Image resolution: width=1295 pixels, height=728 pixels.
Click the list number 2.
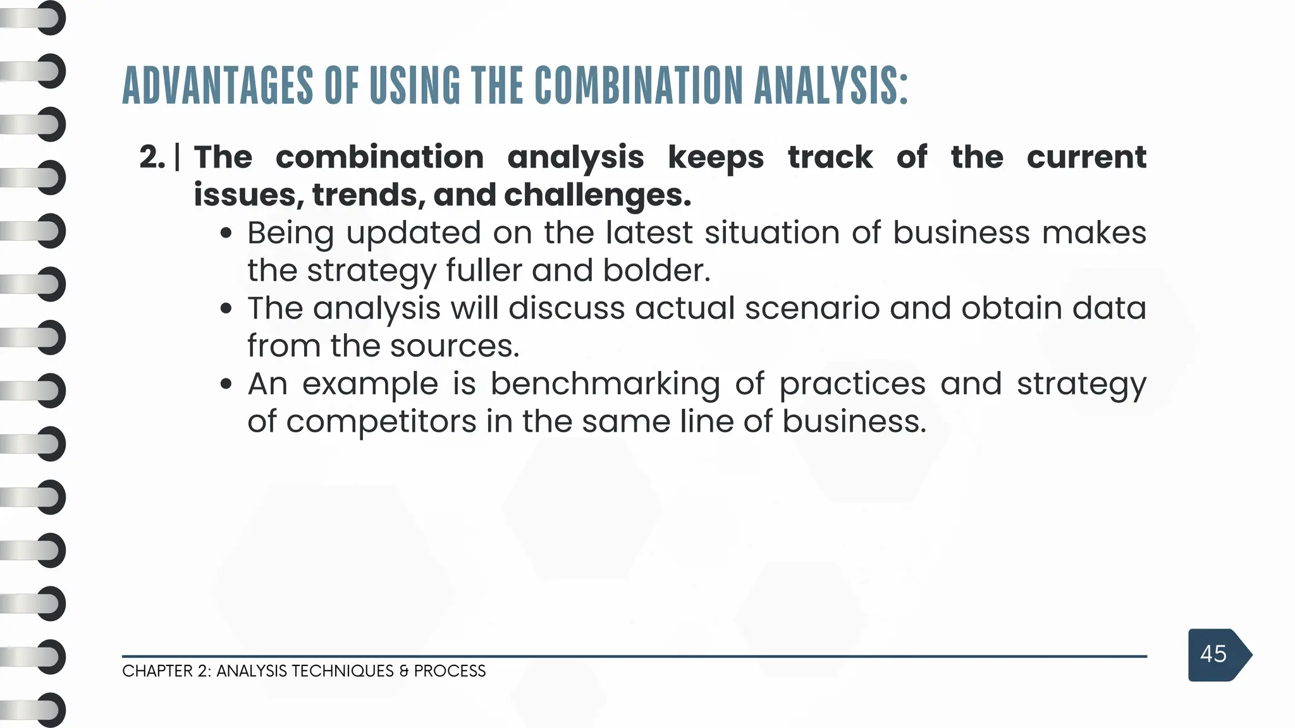(152, 157)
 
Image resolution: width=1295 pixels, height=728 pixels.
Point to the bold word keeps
(716, 158)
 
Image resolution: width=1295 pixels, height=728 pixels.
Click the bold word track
(830, 157)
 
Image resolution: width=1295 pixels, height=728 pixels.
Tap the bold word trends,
(369, 195)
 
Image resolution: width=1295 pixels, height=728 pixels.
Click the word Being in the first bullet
(290, 233)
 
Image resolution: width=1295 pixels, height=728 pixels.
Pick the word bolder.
(656, 270)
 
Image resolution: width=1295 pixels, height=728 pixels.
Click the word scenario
(812, 308)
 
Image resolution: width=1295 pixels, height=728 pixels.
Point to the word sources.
(455, 346)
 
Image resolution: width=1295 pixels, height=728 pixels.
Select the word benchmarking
(605, 384)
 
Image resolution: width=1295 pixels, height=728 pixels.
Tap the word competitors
(381, 422)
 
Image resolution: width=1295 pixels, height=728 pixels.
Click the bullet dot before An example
(226, 384)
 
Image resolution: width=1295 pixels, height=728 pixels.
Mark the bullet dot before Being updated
(226, 233)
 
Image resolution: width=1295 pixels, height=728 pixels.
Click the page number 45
(1213, 654)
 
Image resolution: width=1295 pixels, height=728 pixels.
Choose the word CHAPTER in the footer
(157, 671)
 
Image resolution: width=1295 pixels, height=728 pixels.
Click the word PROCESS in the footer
(450, 671)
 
